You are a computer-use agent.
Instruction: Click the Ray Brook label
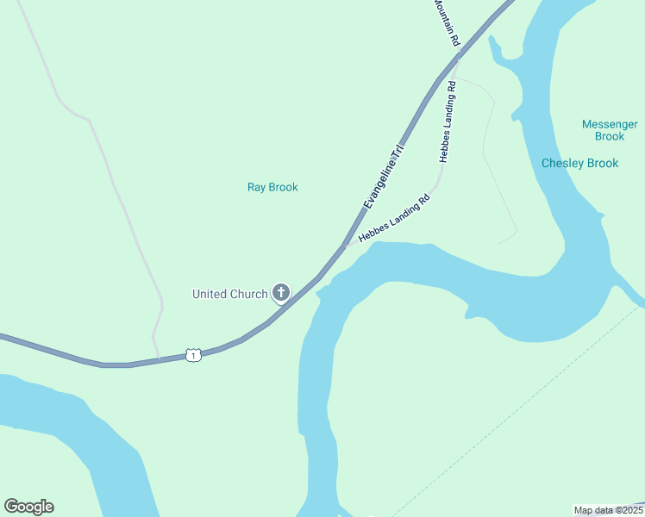tap(272, 187)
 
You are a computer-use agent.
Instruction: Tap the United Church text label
tap(229, 294)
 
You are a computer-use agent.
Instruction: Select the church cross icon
tap(280, 293)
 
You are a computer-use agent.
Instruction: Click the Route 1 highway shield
tap(193, 355)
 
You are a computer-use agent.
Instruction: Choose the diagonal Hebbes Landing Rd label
tap(393, 219)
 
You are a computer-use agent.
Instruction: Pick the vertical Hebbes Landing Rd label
tap(447, 122)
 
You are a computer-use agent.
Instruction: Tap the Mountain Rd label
tap(447, 23)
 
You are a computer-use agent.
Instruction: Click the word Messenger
tap(610, 124)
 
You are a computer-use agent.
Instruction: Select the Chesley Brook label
tap(579, 163)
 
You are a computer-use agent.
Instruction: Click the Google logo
tap(28, 507)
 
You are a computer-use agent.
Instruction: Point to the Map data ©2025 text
tap(607, 510)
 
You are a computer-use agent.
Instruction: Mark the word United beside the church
tap(210, 294)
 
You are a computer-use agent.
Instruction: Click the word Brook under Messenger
tap(610, 136)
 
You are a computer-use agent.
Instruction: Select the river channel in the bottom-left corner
tap(78, 431)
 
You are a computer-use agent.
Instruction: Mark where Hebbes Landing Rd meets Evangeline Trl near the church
tap(347, 246)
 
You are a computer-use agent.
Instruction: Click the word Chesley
tap(561, 163)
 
